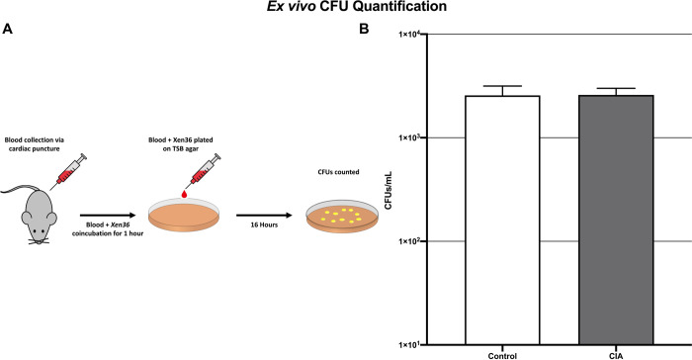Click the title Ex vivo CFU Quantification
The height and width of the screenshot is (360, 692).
tap(346, 9)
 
